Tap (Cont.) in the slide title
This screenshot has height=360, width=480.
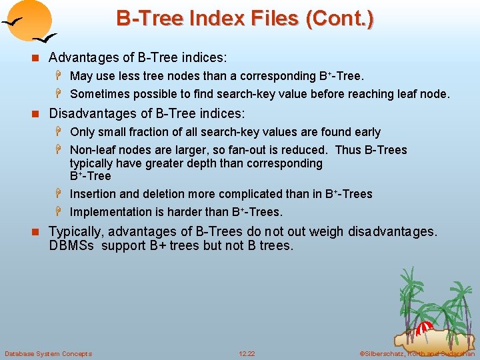tap(339, 19)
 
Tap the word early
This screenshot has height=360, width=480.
tap(365, 132)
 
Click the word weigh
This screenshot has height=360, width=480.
tap(325, 232)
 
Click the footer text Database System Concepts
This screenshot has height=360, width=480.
tap(48, 353)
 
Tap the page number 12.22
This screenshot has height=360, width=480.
tap(247, 353)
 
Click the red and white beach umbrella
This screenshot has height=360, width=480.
tap(424, 329)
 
